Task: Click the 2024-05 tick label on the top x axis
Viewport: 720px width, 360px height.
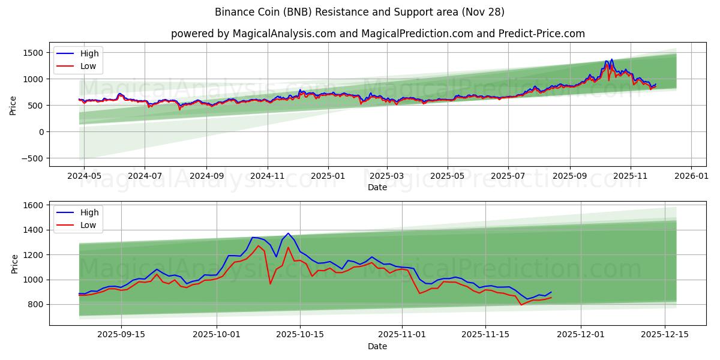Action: pos(83,176)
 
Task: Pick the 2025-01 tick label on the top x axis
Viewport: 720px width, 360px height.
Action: pos(328,176)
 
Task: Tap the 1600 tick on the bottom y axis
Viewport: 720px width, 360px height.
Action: pos(32,205)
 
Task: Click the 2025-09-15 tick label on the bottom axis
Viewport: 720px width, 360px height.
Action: pos(122,335)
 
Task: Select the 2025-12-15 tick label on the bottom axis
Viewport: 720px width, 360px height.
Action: pos(665,335)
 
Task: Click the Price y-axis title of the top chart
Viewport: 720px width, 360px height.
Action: pos(13,105)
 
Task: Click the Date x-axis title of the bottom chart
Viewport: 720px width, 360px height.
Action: pos(377,346)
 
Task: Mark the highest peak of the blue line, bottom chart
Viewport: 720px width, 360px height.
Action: pos(288,233)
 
